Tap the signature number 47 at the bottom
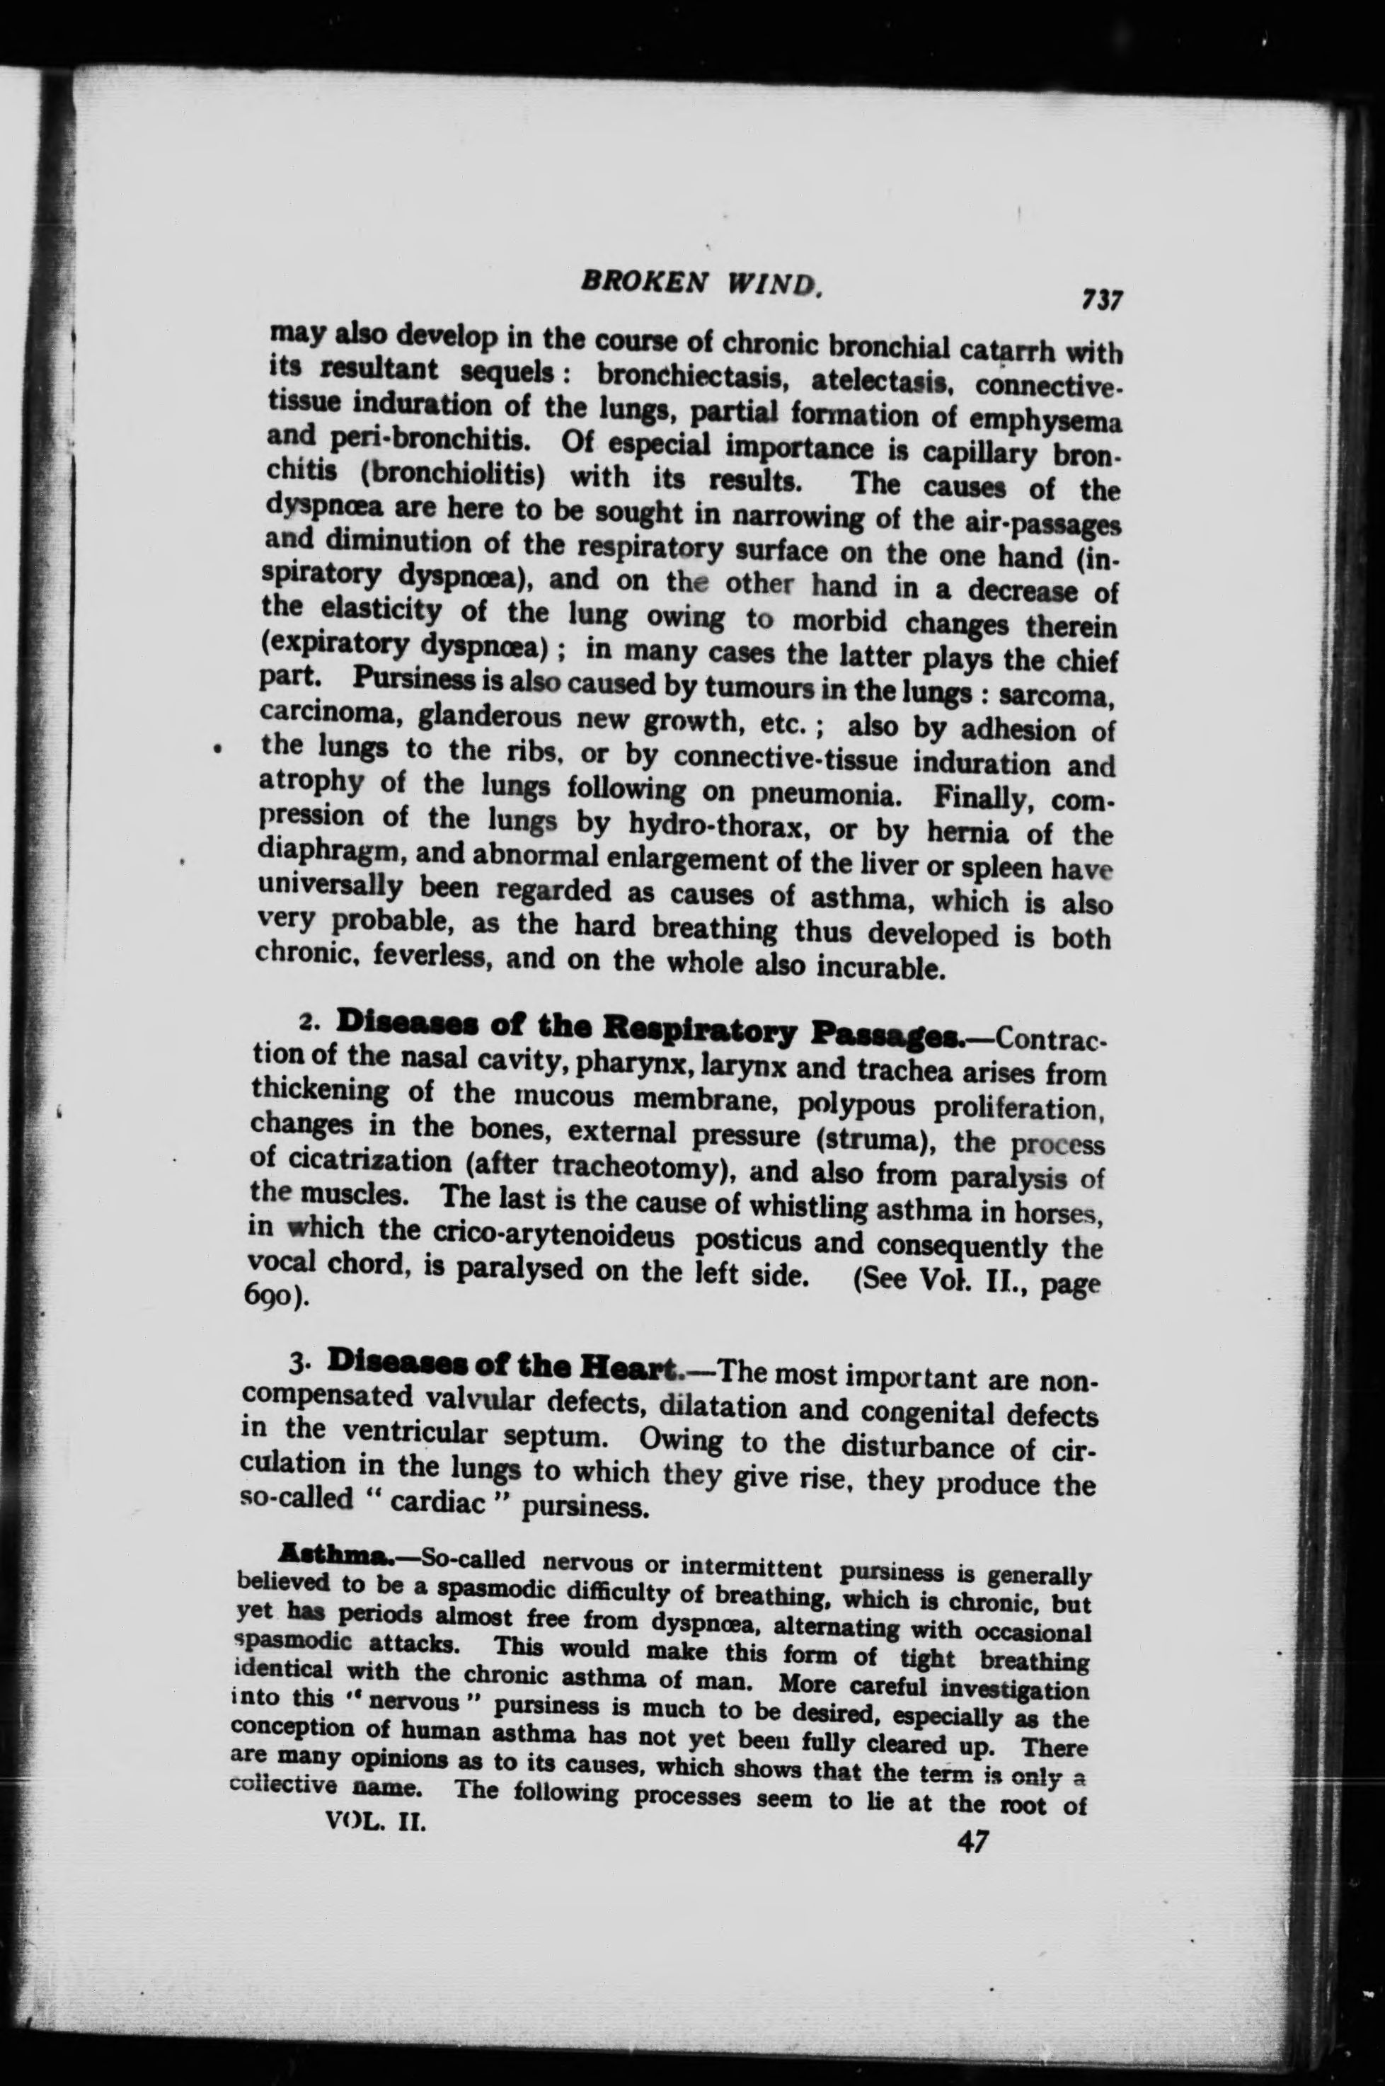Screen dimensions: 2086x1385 [972, 1841]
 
